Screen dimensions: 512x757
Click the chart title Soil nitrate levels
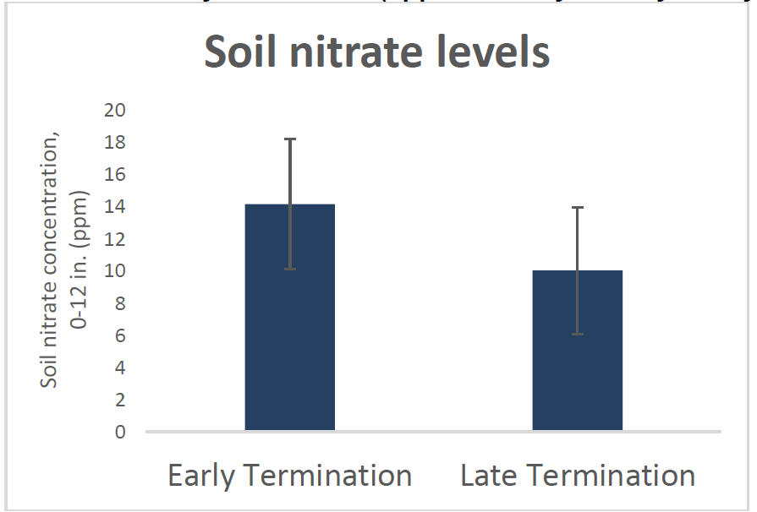point(377,53)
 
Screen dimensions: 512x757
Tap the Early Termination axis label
point(289,475)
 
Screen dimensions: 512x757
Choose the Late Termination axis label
point(578,475)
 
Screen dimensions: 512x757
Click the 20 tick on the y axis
point(114,110)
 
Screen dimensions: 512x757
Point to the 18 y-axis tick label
point(114,142)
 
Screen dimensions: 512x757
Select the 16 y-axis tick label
point(114,174)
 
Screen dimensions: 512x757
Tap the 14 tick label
point(114,206)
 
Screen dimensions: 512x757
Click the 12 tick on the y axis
point(114,239)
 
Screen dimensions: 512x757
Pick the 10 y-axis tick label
point(114,271)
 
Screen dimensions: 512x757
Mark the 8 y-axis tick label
point(119,303)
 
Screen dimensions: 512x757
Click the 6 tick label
point(119,335)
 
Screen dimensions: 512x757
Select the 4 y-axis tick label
point(119,368)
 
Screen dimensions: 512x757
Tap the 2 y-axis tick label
point(119,400)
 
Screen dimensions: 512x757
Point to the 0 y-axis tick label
point(119,432)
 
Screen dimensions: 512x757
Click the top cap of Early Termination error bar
point(290,139)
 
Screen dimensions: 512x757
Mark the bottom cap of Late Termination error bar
point(578,335)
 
